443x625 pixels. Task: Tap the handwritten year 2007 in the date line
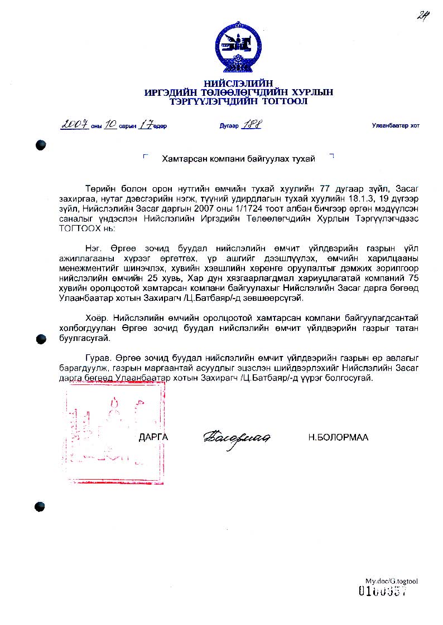[x=74, y=125]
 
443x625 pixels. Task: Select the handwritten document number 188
[x=251, y=125]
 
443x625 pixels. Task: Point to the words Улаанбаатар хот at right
[x=396, y=126]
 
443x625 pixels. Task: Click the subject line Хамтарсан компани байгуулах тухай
[x=238, y=159]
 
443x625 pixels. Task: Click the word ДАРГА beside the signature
[x=153, y=437]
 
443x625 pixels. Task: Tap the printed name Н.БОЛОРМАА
[x=338, y=437]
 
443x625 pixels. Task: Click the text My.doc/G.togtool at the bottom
[x=392, y=581]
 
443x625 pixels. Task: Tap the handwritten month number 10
[x=110, y=125]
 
